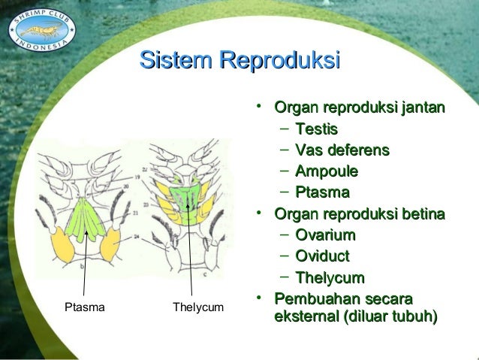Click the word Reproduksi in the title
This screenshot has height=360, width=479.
click(x=278, y=61)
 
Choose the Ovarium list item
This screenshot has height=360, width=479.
click(x=326, y=236)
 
